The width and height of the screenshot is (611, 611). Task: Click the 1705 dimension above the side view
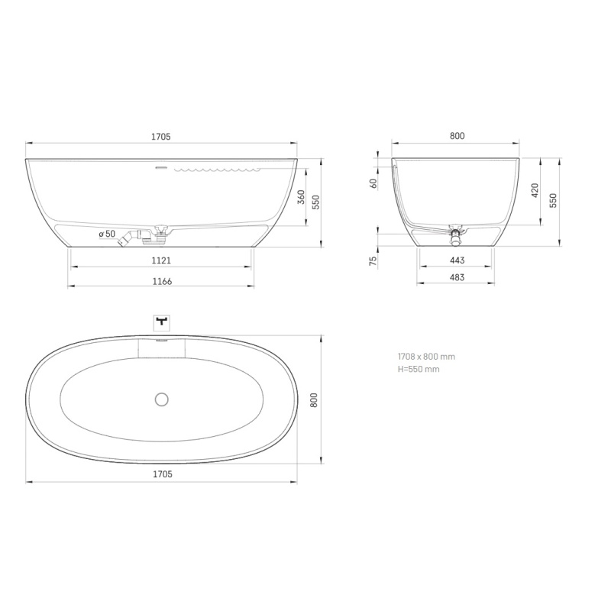(161, 137)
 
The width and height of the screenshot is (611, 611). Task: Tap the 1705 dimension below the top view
(163, 474)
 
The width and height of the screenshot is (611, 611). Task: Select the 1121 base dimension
(161, 260)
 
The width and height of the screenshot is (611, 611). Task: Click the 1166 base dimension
(162, 281)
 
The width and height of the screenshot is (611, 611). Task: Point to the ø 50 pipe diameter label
(107, 234)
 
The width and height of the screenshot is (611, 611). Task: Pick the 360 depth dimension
(301, 197)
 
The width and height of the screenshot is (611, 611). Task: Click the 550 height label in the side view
(316, 202)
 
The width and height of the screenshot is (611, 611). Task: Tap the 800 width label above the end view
(457, 136)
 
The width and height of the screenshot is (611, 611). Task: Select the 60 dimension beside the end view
(373, 183)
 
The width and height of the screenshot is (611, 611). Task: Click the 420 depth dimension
(535, 190)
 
